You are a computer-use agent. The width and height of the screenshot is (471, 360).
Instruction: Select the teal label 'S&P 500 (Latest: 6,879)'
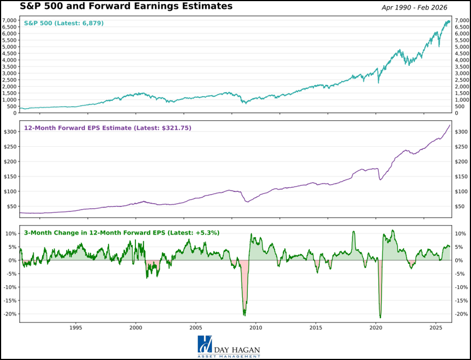click(64, 23)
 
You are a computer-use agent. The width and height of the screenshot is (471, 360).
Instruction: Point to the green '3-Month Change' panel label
click(121, 232)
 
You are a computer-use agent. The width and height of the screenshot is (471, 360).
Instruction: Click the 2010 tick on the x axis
click(256, 327)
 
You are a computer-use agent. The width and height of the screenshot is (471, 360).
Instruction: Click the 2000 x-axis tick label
click(136, 327)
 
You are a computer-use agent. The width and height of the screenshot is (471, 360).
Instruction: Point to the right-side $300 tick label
click(461, 132)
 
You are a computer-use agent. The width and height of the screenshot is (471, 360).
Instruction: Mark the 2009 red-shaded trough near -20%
click(244, 313)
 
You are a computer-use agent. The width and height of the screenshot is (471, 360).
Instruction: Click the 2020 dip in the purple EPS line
click(381, 179)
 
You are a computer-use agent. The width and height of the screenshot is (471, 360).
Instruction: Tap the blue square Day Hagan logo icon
click(205, 345)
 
